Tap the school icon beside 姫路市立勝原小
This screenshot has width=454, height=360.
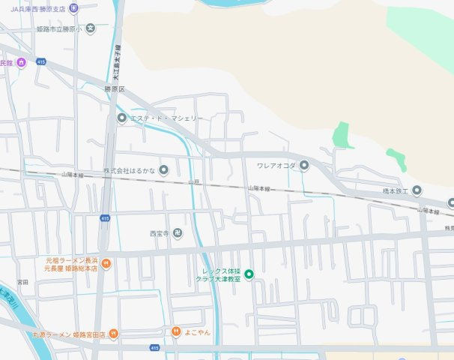click(x=90, y=28)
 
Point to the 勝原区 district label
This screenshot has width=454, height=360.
click(x=114, y=89)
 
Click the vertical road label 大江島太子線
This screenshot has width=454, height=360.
click(x=116, y=64)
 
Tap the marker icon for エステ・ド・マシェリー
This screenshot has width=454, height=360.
click(x=121, y=118)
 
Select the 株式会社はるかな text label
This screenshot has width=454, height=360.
click(x=129, y=170)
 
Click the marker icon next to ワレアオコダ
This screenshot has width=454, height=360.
click(x=304, y=165)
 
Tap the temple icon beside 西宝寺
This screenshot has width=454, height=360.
click(x=178, y=233)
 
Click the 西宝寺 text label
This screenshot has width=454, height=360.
click(x=160, y=233)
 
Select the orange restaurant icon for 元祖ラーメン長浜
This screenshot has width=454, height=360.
click(x=106, y=262)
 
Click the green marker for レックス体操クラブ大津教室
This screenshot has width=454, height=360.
click(x=249, y=274)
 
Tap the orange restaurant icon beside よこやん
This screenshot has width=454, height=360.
click(x=175, y=331)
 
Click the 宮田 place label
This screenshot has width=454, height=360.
click(x=22, y=282)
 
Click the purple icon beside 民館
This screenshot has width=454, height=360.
click(x=21, y=62)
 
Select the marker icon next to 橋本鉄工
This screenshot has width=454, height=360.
click(x=417, y=190)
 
